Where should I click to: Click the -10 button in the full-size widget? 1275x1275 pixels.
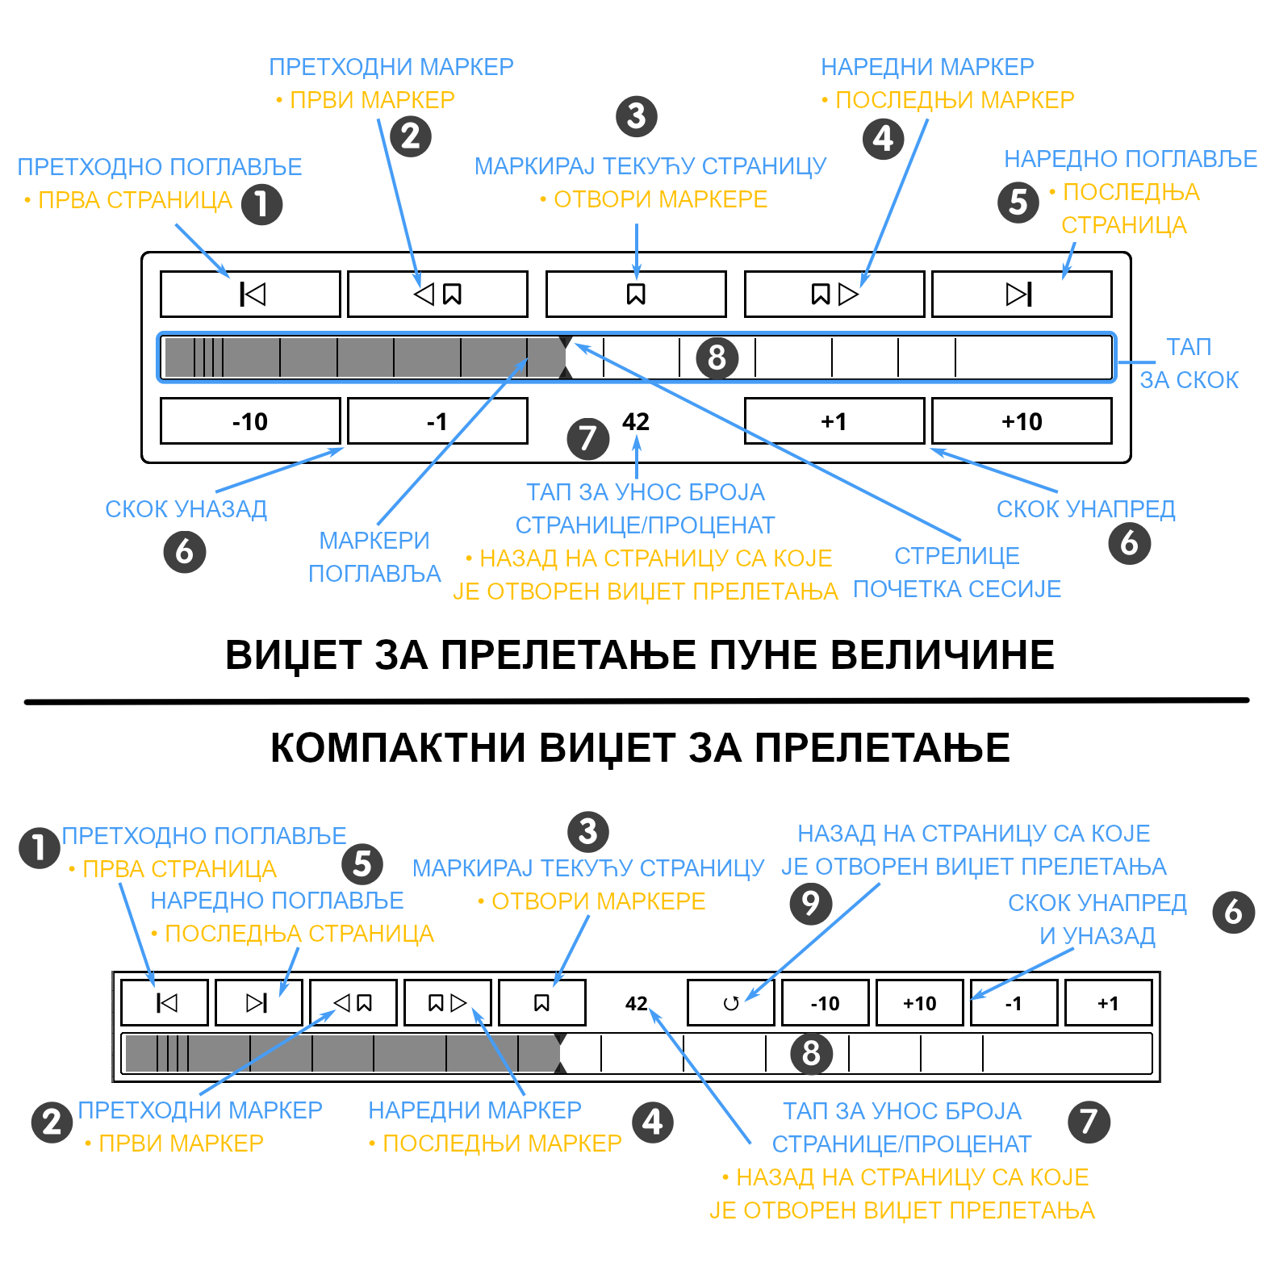[x=250, y=421]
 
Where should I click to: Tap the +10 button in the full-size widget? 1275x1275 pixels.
[x=1022, y=421]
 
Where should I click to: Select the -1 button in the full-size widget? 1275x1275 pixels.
[x=437, y=421]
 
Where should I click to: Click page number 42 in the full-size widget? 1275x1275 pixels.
[x=636, y=421]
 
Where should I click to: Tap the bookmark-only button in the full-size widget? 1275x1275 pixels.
[x=636, y=294]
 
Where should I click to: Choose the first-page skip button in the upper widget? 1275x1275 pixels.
[x=250, y=294]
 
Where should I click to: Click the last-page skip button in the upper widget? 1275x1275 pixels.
[x=1022, y=294]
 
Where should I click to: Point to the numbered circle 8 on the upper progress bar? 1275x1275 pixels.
[x=717, y=357]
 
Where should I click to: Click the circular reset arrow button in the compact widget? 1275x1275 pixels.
[x=731, y=1003]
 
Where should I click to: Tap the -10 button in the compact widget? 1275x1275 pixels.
[x=826, y=1003]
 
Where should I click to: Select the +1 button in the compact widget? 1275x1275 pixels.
[x=1109, y=1003]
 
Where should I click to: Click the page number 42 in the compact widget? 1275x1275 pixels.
[x=637, y=1003]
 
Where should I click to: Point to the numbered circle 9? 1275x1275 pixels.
[x=811, y=903]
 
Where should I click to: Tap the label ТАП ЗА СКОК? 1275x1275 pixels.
[x=1189, y=363]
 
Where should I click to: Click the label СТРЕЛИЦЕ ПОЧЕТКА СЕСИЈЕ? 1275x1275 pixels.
[x=957, y=572]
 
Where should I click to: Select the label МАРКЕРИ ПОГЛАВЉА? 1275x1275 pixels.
[x=375, y=557]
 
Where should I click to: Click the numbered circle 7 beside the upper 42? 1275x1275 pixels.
[x=588, y=438]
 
